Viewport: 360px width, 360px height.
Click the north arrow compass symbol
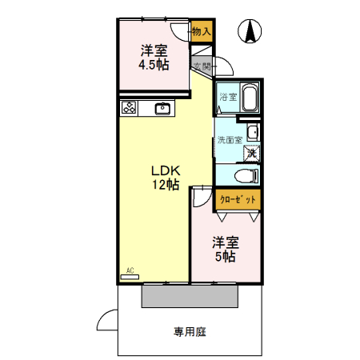coord(251,33)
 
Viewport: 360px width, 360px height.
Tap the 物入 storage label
coord(202,32)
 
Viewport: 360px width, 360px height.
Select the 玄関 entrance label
coord(201,66)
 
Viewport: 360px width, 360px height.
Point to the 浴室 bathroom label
coord(228,98)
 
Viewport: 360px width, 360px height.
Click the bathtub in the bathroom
coord(248,98)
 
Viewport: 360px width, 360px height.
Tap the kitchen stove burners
coord(129,106)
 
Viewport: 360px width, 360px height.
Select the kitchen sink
coord(162,107)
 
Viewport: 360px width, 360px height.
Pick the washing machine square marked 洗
coord(251,152)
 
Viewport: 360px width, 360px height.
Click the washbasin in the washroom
coord(253,132)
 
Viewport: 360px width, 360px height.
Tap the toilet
coord(245,174)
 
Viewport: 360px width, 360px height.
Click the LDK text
coord(167,170)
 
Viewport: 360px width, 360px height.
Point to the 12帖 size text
coord(167,185)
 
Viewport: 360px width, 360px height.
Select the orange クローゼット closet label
coord(237,200)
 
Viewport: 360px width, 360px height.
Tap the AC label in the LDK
coord(130,270)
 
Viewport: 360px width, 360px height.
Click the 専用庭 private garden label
coord(189,330)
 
